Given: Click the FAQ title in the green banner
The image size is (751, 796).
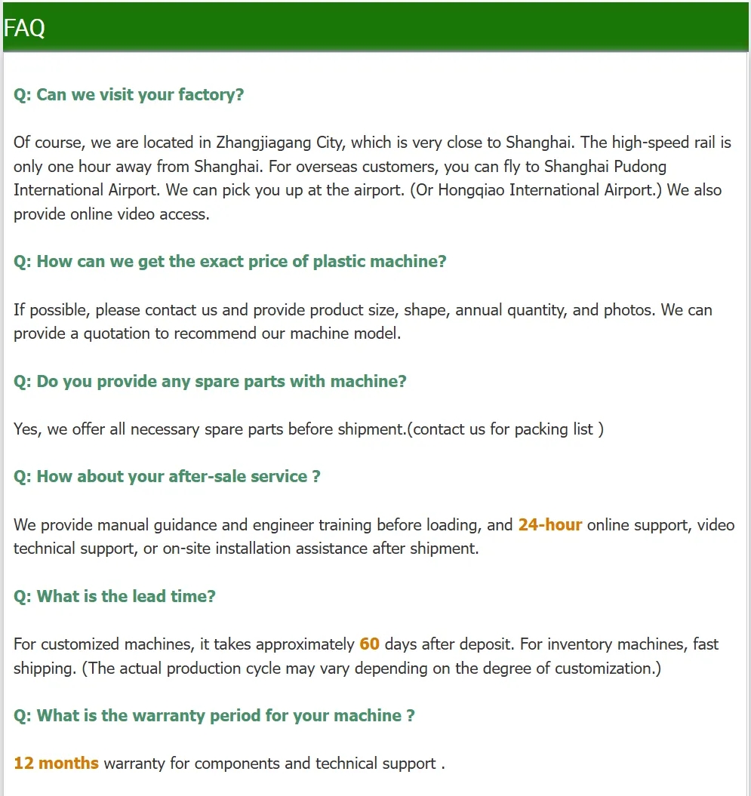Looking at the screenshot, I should (24, 29).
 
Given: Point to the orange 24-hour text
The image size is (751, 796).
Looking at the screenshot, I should (549, 525).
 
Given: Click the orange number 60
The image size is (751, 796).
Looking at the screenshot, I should (369, 644).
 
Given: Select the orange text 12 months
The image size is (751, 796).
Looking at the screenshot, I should (56, 764).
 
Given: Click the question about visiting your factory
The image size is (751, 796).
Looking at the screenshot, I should (129, 95).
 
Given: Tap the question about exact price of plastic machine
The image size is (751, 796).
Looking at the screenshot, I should (230, 262).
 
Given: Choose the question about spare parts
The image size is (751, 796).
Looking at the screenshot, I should (210, 382).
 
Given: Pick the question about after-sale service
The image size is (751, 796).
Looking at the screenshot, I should (167, 477).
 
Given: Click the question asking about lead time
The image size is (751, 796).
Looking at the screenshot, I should (115, 597).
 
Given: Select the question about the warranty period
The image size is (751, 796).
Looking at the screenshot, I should (214, 716).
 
